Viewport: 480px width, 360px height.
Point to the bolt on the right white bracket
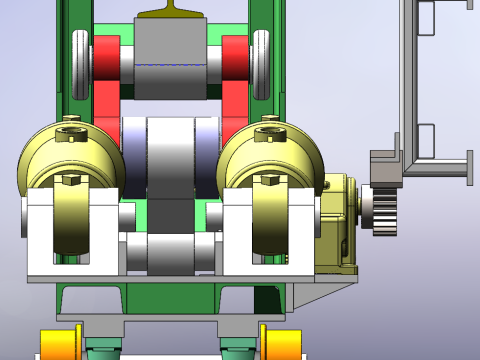click(x=268, y=180)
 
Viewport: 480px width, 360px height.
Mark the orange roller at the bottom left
click(x=59, y=341)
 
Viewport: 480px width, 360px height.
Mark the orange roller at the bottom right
click(x=282, y=341)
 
